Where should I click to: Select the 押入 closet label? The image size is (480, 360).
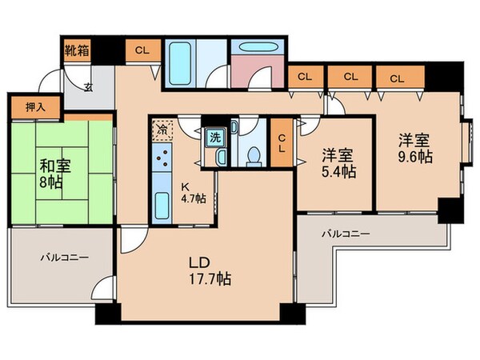[x=23, y=106]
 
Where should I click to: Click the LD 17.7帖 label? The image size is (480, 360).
[x=210, y=271]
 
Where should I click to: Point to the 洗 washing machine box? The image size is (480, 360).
[x=214, y=137]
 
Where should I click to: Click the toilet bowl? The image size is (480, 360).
[x=253, y=154]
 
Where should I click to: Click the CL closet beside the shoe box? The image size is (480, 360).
[x=142, y=50]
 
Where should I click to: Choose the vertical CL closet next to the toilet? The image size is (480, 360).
[x=282, y=145]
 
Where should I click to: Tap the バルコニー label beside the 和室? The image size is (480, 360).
[x=65, y=258]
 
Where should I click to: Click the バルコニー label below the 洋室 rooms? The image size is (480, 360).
[x=346, y=234]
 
